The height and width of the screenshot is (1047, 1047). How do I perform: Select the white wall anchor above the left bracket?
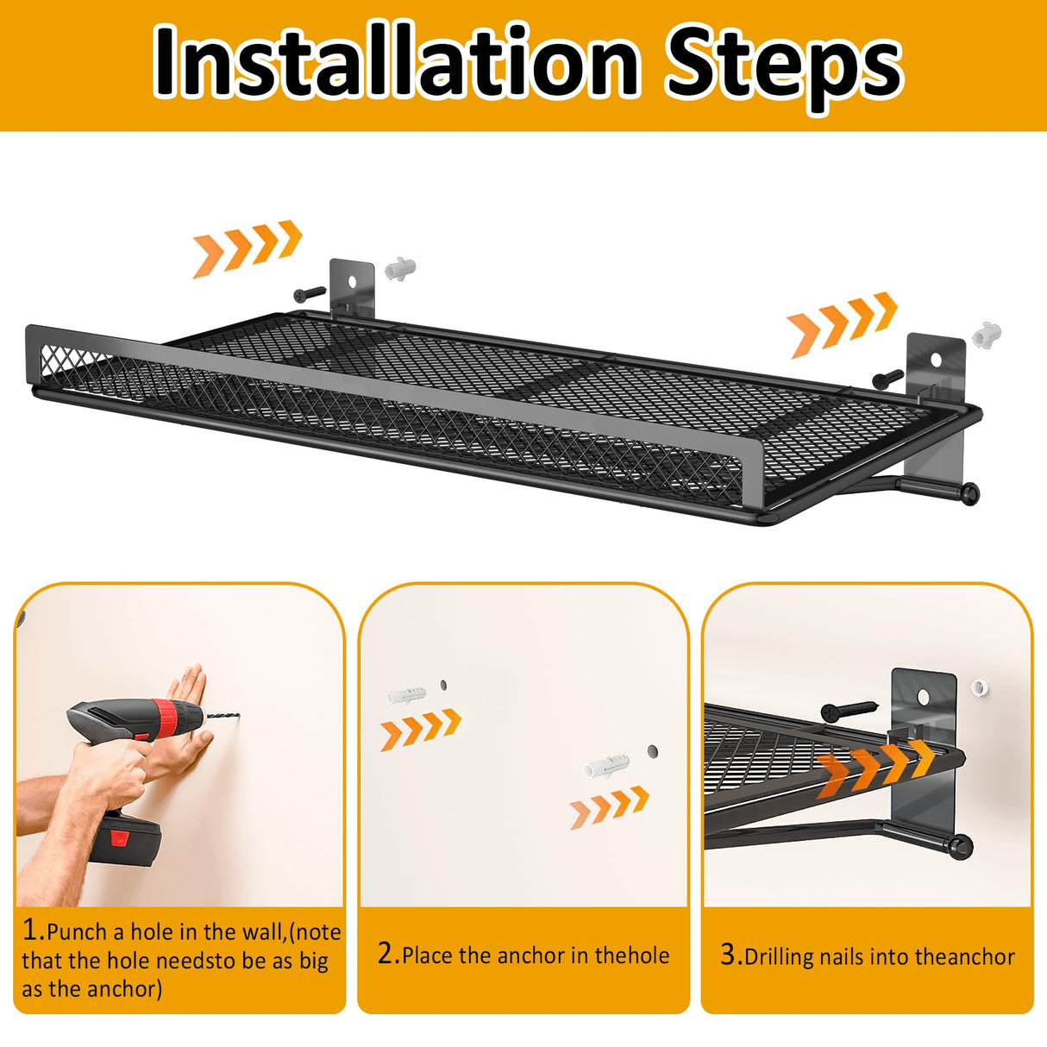tap(400, 269)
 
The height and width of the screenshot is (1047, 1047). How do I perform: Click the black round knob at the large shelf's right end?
tap(970, 493)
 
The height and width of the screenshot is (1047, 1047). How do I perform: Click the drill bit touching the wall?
tap(220, 717)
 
